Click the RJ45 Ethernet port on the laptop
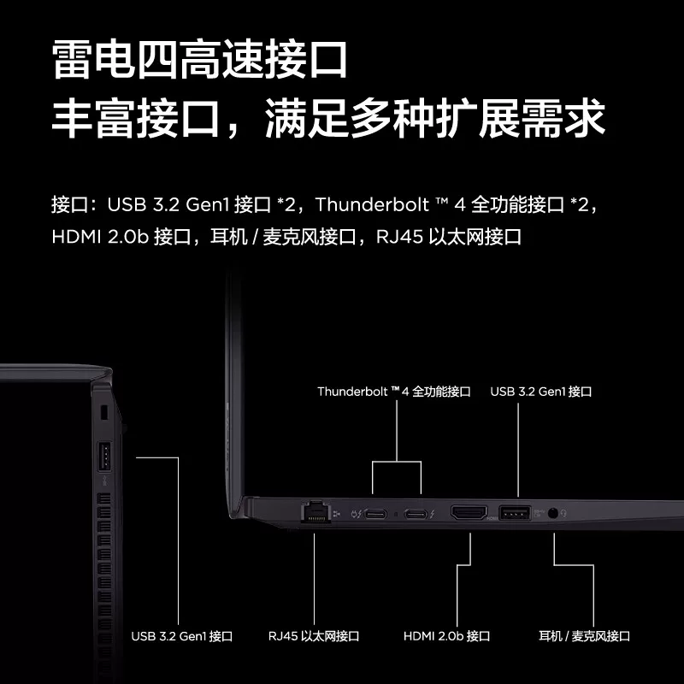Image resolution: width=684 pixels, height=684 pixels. pyautogui.click(x=315, y=511)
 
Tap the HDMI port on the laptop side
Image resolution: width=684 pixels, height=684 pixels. pyautogui.click(x=469, y=512)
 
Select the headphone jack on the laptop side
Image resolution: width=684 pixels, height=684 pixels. pyautogui.click(x=552, y=512)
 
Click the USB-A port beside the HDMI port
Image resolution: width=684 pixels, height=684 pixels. pyautogui.click(x=515, y=512)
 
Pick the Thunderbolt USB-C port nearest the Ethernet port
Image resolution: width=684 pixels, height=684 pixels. pyautogui.click(x=375, y=515)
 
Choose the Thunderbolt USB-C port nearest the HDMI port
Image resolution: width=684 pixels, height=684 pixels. pyautogui.click(x=416, y=515)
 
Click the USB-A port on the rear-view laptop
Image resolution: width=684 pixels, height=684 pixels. pyautogui.click(x=104, y=457)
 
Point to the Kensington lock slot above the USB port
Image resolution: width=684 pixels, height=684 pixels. pyautogui.click(x=103, y=413)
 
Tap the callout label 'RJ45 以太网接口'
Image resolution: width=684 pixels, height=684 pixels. pyautogui.click(x=314, y=636)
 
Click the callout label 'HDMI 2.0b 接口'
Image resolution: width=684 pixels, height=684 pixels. pyautogui.click(x=446, y=636)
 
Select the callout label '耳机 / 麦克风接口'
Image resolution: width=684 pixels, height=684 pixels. pyautogui.click(x=584, y=636)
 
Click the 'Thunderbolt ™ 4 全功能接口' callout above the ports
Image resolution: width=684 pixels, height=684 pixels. pyautogui.click(x=394, y=392)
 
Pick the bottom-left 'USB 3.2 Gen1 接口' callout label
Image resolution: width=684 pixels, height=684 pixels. pyautogui.click(x=181, y=636)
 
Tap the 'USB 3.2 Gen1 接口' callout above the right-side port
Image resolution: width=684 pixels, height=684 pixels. pyautogui.click(x=541, y=392)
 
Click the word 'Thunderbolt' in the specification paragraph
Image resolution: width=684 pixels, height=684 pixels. pyautogui.click(x=372, y=204)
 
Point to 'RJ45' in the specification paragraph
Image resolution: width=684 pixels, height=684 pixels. pyautogui.click(x=399, y=237)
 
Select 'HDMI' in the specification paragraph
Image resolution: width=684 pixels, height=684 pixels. pyautogui.click(x=76, y=237)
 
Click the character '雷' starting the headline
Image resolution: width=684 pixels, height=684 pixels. pyautogui.click(x=72, y=59)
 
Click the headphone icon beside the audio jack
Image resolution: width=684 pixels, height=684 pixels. pyautogui.click(x=564, y=513)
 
